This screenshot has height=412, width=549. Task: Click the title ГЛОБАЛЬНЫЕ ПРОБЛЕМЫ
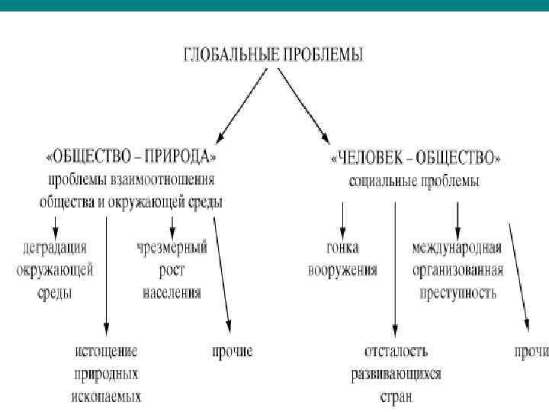pos(274,54)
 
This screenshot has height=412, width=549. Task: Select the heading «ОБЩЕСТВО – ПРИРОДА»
pos(131,156)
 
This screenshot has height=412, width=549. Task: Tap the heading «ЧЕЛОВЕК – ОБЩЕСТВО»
pos(416,158)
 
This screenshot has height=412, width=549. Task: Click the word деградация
pos(55,249)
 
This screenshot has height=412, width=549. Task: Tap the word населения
pos(172,291)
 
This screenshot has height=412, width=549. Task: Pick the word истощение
pos(106,352)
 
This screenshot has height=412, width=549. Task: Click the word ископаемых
pos(108,396)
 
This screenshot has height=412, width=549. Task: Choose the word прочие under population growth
pos(232,352)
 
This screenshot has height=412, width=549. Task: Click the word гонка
pos(342,248)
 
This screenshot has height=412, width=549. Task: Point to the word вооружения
pos(342,270)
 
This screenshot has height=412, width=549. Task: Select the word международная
pos(456,248)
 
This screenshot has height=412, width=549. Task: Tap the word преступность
pos(457,291)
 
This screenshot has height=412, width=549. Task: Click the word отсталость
pos(396,352)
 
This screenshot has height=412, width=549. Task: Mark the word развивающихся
pos(396,374)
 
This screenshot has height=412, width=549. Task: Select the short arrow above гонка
pos(342,220)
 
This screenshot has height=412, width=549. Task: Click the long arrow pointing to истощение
pos(107,275)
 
